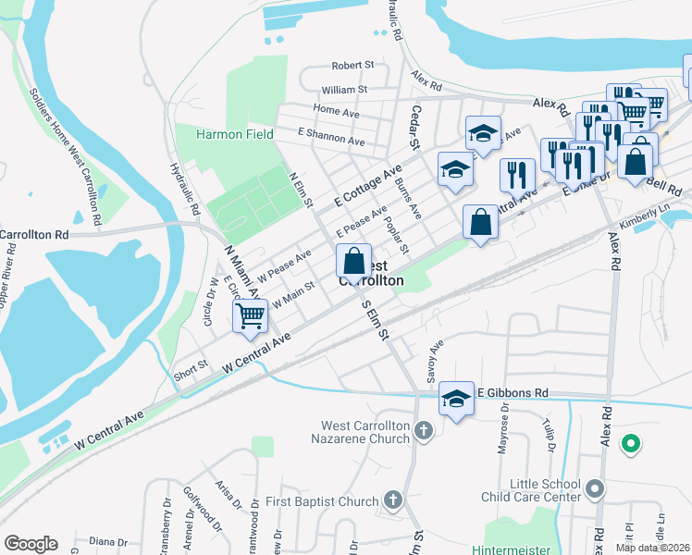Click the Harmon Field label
[x=234, y=134]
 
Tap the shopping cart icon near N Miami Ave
[x=251, y=315]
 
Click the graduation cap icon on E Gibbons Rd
[x=455, y=398]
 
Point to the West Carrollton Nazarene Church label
[x=365, y=432]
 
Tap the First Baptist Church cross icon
[x=392, y=501]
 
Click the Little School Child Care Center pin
[x=594, y=487]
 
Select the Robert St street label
[x=352, y=67]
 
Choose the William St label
[x=344, y=90]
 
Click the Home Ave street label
[x=336, y=111]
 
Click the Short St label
[x=190, y=363]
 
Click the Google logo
[x=31, y=544]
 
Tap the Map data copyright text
[x=652, y=548]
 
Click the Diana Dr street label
[x=108, y=542]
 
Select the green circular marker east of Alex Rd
[x=631, y=444]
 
